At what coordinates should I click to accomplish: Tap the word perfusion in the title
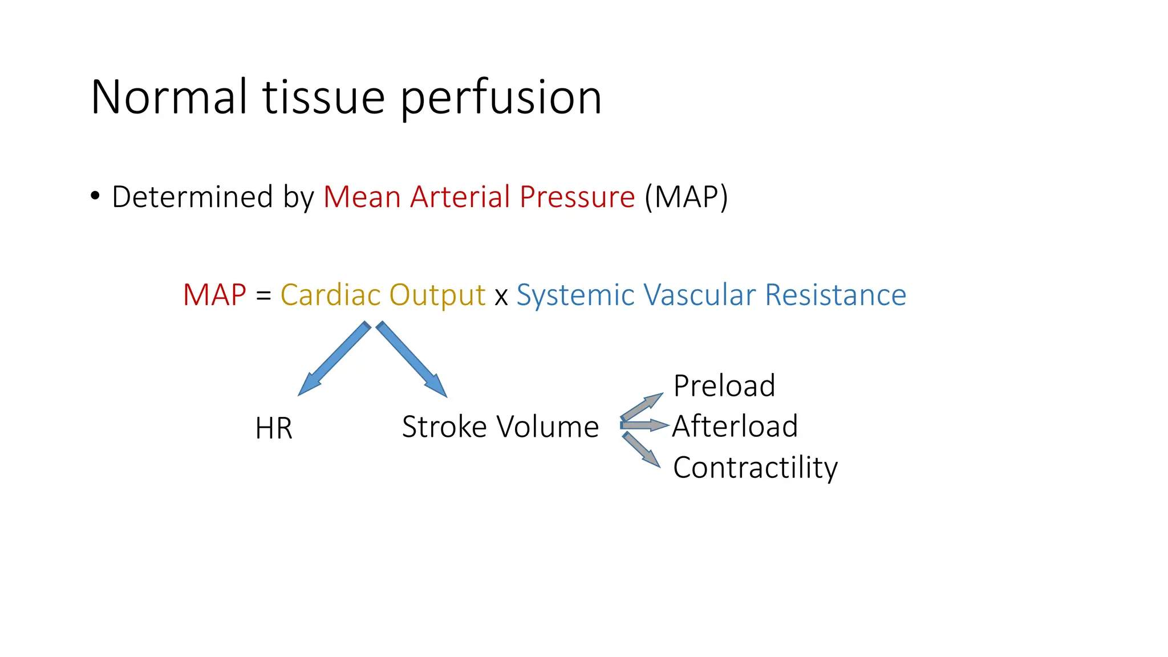tap(501, 98)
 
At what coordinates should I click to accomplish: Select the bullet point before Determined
tap(95, 196)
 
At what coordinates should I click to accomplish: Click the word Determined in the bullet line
tap(192, 197)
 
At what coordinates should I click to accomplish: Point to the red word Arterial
tap(460, 197)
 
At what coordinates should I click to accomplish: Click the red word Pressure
tap(577, 197)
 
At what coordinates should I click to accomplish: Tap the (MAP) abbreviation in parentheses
tap(686, 197)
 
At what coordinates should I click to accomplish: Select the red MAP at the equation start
tap(214, 295)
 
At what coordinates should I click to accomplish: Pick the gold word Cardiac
tap(331, 295)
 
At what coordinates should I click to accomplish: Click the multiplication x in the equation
tap(501, 297)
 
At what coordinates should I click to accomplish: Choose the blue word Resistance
tap(836, 295)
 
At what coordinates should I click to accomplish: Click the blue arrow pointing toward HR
tap(334, 359)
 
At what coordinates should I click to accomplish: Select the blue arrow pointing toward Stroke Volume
tap(411, 359)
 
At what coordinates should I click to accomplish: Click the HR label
tap(274, 428)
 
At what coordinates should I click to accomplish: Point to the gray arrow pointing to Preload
tap(642, 407)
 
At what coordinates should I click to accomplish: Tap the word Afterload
tap(735, 426)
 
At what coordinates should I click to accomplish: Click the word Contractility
tap(755, 468)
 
